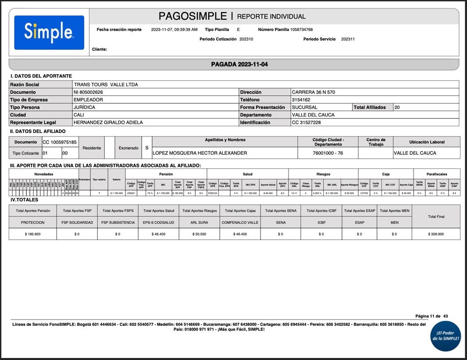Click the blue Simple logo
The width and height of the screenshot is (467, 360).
(x=49, y=32)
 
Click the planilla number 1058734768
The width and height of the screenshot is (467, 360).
(x=301, y=30)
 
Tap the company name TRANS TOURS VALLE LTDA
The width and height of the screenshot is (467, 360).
(x=106, y=85)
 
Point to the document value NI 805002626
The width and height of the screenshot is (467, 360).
(x=88, y=92)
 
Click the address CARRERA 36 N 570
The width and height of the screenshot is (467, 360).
(x=314, y=92)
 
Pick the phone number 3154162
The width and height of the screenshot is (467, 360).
(x=301, y=100)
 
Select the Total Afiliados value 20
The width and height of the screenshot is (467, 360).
(x=397, y=107)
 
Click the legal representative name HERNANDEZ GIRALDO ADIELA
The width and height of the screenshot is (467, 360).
(x=108, y=122)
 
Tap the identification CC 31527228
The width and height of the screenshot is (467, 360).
(x=306, y=122)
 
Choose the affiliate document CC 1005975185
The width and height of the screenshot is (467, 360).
(x=60, y=142)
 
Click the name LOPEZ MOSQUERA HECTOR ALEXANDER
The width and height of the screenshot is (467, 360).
(x=200, y=153)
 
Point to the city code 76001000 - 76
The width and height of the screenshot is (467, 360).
(x=328, y=153)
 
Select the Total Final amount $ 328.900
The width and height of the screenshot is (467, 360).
(x=436, y=234)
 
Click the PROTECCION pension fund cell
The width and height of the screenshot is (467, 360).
(x=33, y=222)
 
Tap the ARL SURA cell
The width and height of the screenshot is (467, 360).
(x=199, y=222)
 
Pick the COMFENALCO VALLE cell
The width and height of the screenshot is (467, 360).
(x=240, y=222)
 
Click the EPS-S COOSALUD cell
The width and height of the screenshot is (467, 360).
(x=158, y=222)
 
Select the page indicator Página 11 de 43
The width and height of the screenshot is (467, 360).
(x=431, y=316)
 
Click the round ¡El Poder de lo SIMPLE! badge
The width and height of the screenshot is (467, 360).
(x=446, y=336)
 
